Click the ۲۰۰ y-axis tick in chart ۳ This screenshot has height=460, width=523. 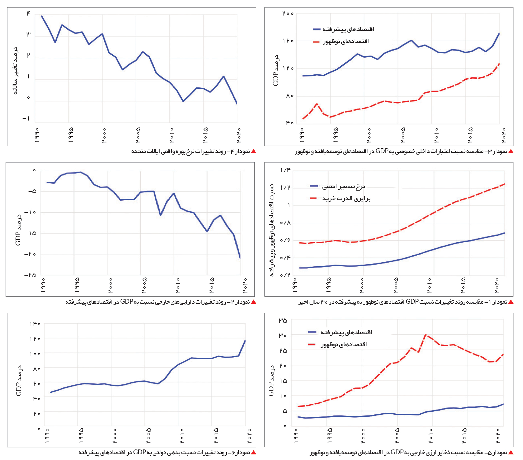pyautogui.click(x=288, y=13)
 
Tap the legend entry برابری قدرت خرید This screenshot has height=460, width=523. pyautogui.click(x=340, y=198)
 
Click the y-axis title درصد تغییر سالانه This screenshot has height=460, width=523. pyautogui.click(x=15, y=71)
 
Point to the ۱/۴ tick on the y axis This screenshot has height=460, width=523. pyautogui.click(x=285, y=170)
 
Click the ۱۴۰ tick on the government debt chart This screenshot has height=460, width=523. pyautogui.click(x=35, y=324)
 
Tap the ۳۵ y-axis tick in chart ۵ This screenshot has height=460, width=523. pyautogui.click(x=283, y=320)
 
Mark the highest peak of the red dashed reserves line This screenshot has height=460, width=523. pyautogui.click(x=425, y=335)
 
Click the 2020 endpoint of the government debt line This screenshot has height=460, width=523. pyautogui.click(x=245, y=340)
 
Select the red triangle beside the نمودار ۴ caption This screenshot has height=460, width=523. pyautogui.click(x=254, y=152)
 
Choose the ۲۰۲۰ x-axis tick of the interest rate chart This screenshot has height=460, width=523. pyautogui.click(x=239, y=135)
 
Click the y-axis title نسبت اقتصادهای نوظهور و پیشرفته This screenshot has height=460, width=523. pyautogui.click(x=272, y=230)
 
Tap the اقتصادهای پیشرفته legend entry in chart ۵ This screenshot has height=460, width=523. pyautogui.click(x=340, y=332)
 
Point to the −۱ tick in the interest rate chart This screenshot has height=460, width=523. pyautogui.click(x=26, y=119)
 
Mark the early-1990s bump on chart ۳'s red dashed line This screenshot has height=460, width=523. pyautogui.click(x=317, y=104)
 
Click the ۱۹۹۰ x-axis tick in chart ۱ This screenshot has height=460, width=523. pyautogui.click(x=295, y=285)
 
